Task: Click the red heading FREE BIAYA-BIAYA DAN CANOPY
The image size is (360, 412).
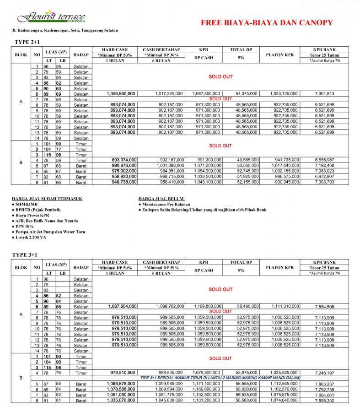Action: coord(267,23)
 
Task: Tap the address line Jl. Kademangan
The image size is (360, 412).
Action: coord(65,31)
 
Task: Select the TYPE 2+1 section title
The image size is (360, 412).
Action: coord(27,42)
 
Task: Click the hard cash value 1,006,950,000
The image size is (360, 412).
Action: coord(121,93)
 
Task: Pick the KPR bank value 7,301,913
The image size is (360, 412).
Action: coord(324,93)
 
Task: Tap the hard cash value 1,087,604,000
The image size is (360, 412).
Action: coord(121,306)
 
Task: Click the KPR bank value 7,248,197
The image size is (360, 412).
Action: coord(324,374)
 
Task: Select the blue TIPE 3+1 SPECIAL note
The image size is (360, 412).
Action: coord(220,378)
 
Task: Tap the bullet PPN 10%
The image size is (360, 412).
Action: coord(27,226)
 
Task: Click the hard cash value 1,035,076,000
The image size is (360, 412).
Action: coord(121,400)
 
